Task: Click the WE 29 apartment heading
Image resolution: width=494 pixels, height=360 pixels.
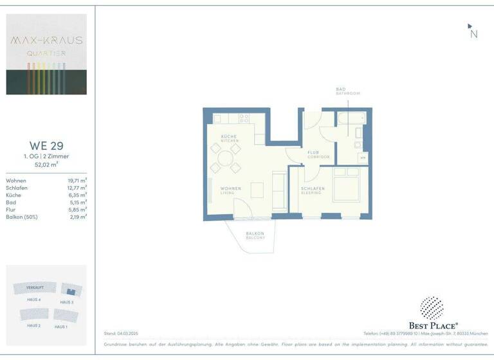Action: click(46, 145)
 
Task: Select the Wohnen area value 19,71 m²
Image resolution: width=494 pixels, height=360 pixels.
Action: click(77, 181)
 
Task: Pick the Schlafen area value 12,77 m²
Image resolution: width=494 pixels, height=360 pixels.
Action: click(77, 188)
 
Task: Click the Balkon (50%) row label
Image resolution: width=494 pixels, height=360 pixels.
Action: click(22, 217)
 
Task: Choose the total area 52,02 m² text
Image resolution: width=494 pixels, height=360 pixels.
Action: click(46, 165)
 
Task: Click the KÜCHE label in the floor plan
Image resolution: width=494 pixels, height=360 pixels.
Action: click(228, 137)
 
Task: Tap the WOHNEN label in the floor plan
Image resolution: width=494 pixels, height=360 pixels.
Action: click(230, 188)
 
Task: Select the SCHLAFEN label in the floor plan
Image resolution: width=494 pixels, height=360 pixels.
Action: click(313, 188)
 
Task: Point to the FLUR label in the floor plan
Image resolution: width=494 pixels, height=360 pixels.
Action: click(313, 152)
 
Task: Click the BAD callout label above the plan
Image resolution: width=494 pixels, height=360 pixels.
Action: click(340, 89)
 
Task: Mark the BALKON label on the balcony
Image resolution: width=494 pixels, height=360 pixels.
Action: click(255, 234)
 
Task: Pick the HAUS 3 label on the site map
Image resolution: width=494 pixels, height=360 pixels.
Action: click(67, 301)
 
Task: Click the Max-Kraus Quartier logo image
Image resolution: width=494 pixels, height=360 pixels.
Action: click(46, 54)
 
